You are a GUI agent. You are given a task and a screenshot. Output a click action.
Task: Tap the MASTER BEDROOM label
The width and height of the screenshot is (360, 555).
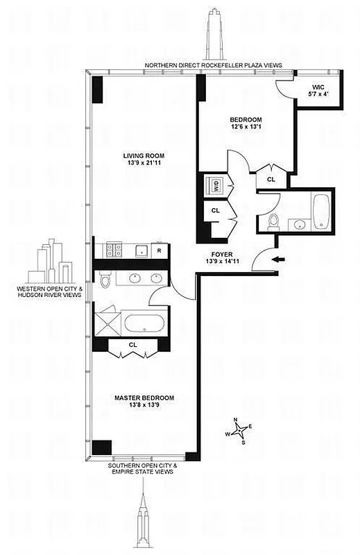point(144,398)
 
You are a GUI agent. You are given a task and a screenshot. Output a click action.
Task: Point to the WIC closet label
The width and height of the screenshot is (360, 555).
point(318,87)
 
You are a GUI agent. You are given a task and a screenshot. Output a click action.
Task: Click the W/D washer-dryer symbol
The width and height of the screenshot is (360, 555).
point(215,186)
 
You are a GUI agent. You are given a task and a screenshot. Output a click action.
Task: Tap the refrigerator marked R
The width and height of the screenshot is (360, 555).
point(160,250)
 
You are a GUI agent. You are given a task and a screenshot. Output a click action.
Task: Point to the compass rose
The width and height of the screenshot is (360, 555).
point(239,432)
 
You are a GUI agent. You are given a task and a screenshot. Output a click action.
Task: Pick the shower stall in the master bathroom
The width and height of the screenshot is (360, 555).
point(108,321)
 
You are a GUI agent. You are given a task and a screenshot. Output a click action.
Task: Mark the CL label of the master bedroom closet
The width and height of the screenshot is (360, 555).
point(133,345)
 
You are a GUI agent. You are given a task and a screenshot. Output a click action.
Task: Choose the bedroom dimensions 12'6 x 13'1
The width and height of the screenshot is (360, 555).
point(247,126)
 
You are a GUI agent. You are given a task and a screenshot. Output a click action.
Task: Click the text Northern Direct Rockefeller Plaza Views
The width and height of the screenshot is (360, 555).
point(213,65)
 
